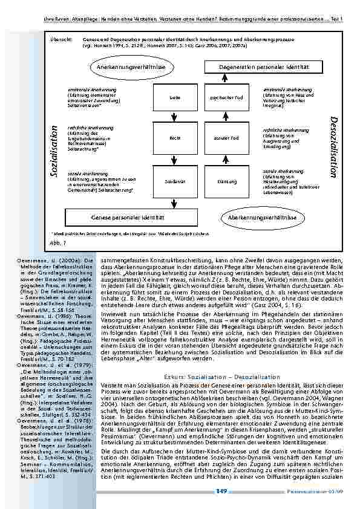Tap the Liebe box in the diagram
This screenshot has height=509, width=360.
(174, 97)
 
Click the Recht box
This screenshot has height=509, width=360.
(174, 138)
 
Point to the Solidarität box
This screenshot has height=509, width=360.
(174, 181)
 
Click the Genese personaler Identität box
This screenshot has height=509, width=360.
(128, 216)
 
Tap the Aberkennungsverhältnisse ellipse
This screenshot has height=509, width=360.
(261, 216)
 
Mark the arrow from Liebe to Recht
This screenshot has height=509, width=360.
(174, 117)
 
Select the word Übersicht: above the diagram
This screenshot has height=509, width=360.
(57, 38)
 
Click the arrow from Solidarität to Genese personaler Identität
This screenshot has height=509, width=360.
(174, 201)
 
